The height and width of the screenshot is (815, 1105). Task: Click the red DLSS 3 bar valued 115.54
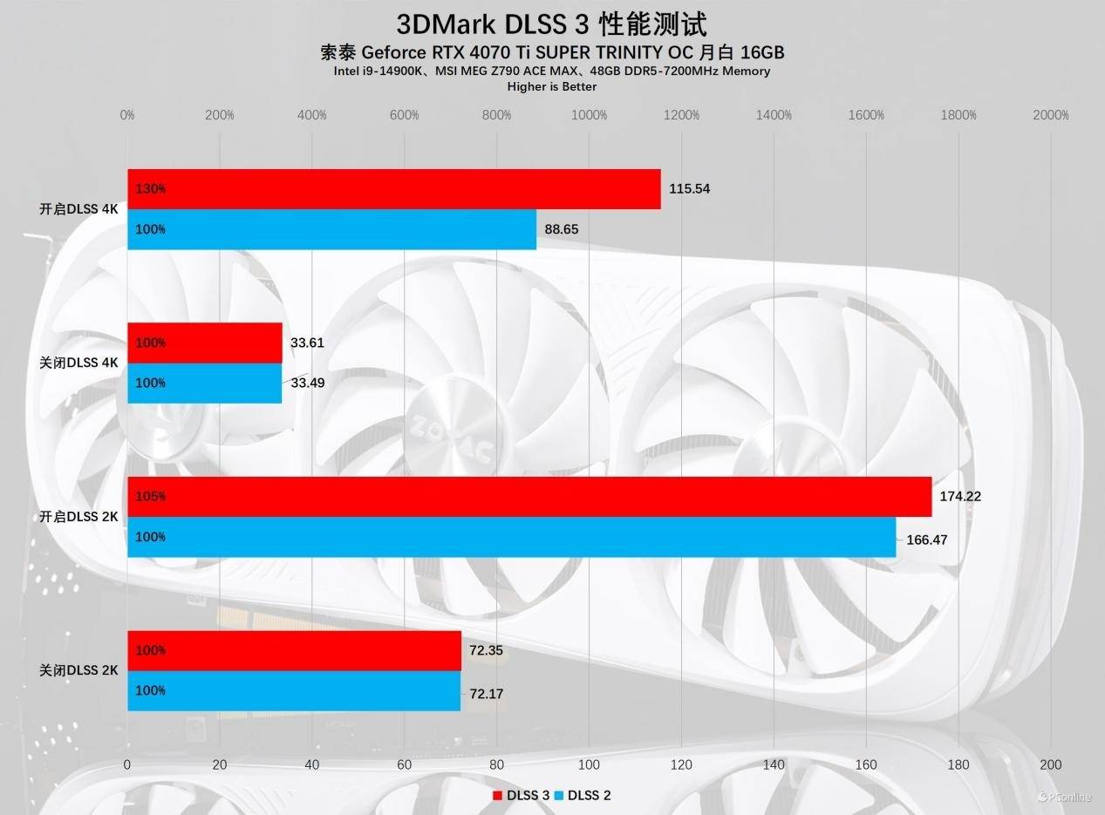[394, 189]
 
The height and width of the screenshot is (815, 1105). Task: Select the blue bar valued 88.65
[332, 229]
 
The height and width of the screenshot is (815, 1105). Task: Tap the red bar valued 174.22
[529, 497]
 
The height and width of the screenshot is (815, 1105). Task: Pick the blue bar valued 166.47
[512, 537]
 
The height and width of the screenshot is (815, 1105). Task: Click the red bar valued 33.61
[205, 343]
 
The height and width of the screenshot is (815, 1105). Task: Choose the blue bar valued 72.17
[294, 691]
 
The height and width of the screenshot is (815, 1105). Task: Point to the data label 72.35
[486, 650]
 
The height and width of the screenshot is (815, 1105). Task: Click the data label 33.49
[307, 383]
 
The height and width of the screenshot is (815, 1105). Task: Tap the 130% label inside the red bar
[150, 189]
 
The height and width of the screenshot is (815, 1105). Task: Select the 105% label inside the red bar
[150, 497]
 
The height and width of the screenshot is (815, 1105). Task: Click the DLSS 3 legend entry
[522, 795]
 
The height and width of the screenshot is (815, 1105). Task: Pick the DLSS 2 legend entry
[583, 795]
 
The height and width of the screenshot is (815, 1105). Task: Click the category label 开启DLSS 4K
[78, 209]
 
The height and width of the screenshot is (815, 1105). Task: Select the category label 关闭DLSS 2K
[78, 671]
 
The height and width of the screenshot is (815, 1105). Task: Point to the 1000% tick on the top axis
[589, 115]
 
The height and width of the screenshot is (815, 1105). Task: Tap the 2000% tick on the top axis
[1050, 115]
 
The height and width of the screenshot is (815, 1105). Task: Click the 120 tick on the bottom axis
[681, 764]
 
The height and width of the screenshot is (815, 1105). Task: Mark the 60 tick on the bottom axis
[404, 764]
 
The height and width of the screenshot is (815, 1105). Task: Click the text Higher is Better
[552, 86]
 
